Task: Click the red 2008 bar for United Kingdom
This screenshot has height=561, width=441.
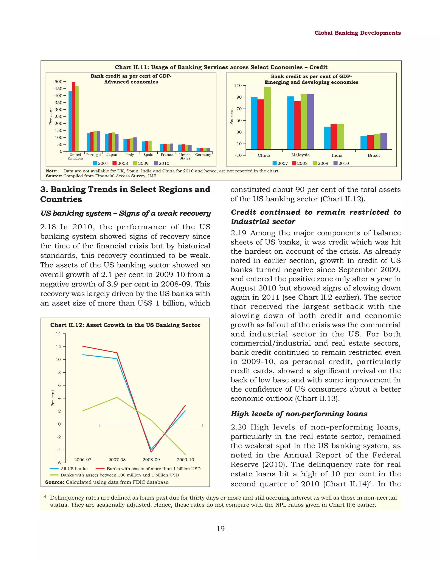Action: (74, 116)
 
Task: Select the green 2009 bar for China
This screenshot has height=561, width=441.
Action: (267, 118)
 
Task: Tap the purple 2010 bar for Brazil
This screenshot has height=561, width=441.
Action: (384, 141)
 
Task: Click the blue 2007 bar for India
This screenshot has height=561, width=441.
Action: (327, 138)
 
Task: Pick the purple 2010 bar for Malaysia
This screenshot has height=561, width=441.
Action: (310, 122)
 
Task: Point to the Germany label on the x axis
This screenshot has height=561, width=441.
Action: (203, 155)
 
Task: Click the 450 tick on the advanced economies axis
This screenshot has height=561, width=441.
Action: (59, 88)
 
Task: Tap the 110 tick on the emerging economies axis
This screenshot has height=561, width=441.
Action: (238, 85)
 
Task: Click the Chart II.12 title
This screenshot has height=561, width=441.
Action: (125, 325)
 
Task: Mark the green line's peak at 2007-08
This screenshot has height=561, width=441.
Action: (117, 397)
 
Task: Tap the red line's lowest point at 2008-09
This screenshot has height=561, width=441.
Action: (151, 452)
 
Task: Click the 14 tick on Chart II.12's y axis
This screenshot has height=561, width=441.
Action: (58, 334)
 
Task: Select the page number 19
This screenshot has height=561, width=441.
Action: (220, 529)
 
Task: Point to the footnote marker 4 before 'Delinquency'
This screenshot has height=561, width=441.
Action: (45, 496)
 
